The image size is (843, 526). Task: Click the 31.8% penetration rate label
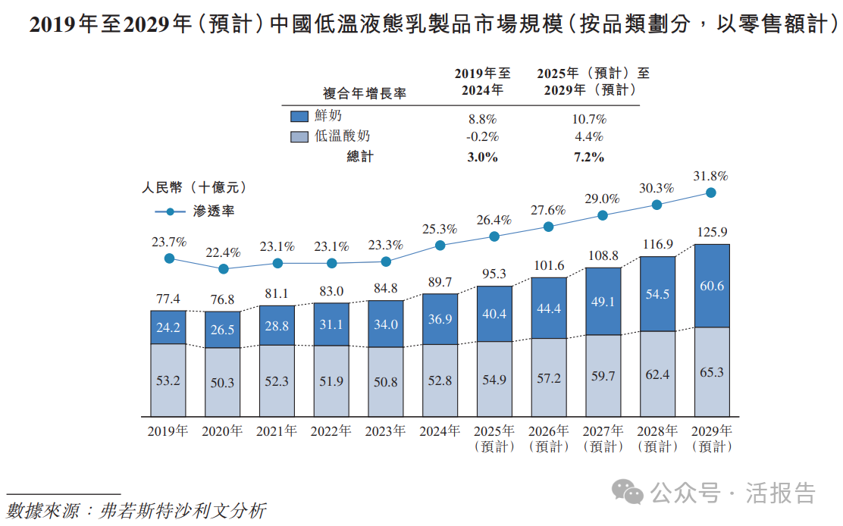711,176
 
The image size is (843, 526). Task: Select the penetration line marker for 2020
224,269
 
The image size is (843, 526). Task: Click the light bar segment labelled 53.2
168,380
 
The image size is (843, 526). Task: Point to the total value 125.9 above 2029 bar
711,232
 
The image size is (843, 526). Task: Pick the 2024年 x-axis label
440,431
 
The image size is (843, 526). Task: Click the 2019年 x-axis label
168,431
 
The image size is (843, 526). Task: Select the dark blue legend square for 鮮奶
299,117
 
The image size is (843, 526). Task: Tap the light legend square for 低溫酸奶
299,137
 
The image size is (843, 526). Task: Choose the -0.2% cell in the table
482,137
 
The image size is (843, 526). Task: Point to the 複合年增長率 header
365,93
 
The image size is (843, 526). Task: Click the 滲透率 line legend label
214,211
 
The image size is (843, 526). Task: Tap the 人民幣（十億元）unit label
194,186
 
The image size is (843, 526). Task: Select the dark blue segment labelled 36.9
440,319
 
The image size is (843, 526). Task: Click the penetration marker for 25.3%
440,246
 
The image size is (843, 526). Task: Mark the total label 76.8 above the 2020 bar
223,299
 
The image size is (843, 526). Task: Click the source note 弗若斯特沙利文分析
182,510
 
